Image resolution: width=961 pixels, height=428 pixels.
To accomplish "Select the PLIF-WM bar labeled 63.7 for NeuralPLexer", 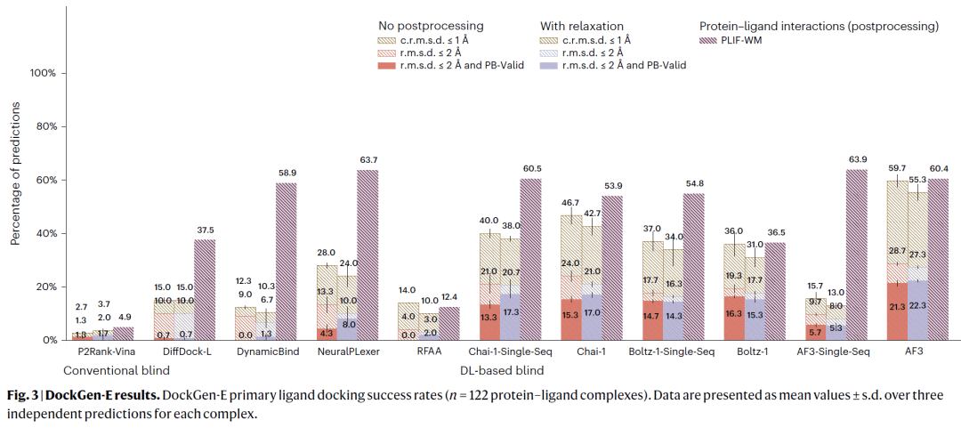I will [x=367, y=254].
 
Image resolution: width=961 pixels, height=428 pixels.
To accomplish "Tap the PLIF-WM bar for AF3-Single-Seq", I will [x=856, y=254].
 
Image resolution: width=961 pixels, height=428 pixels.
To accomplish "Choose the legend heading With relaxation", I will [x=583, y=27].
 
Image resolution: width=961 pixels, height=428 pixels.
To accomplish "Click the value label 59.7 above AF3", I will [x=896, y=168].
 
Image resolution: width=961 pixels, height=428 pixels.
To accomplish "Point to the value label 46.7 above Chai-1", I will [x=569, y=203].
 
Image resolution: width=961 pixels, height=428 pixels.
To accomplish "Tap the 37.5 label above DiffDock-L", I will [x=205, y=229].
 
